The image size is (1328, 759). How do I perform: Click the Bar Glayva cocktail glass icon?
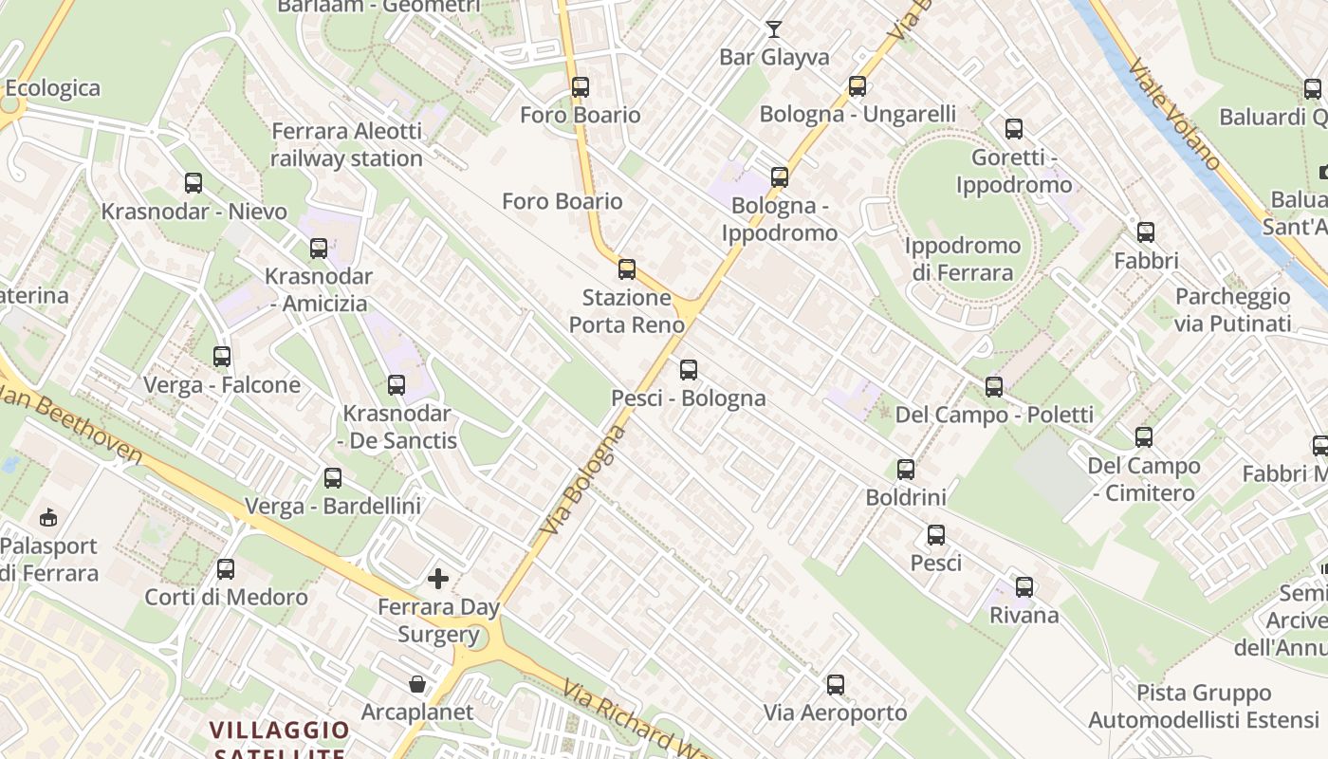(x=774, y=28)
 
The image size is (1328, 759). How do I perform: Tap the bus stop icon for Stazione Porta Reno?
(x=626, y=268)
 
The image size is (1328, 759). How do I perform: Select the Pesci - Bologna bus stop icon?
(x=689, y=370)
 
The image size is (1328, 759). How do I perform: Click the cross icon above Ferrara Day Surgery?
(x=438, y=578)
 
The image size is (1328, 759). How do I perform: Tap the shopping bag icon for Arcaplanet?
(x=416, y=684)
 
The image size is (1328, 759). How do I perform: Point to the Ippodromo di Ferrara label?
(x=962, y=259)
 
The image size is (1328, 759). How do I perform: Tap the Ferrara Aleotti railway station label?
(x=346, y=145)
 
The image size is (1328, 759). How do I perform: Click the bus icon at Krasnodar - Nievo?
(x=194, y=183)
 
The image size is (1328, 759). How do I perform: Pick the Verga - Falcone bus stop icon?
(x=222, y=357)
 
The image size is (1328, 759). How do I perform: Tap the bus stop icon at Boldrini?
(x=906, y=470)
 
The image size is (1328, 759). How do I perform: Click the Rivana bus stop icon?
(x=1024, y=587)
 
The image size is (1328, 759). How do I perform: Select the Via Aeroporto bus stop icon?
(x=836, y=685)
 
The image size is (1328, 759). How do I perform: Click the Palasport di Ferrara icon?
(x=47, y=518)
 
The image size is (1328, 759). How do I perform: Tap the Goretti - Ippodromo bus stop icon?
(x=1014, y=129)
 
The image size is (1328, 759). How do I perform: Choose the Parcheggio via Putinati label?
(x=1232, y=310)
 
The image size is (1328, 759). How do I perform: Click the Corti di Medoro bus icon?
(x=226, y=569)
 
